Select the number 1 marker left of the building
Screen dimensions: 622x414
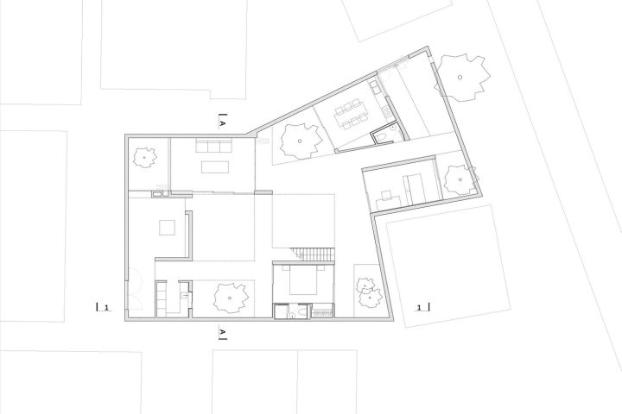[106, 307]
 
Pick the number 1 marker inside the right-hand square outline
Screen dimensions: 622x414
[419, 307]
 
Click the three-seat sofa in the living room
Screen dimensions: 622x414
[214, 146]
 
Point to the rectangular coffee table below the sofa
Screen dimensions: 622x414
[215, 166]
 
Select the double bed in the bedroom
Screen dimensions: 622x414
[303, 280]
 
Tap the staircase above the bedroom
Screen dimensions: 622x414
[312, 254]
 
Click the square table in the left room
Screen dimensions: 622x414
[167, 228]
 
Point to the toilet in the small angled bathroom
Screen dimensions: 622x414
[381, 137]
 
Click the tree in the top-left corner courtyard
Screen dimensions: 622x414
[144, 158]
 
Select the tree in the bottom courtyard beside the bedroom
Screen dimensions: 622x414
[231, 298]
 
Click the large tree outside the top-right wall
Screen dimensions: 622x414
[460, 78]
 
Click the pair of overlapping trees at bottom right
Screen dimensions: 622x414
[369, 292]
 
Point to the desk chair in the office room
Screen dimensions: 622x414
[385, 195]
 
